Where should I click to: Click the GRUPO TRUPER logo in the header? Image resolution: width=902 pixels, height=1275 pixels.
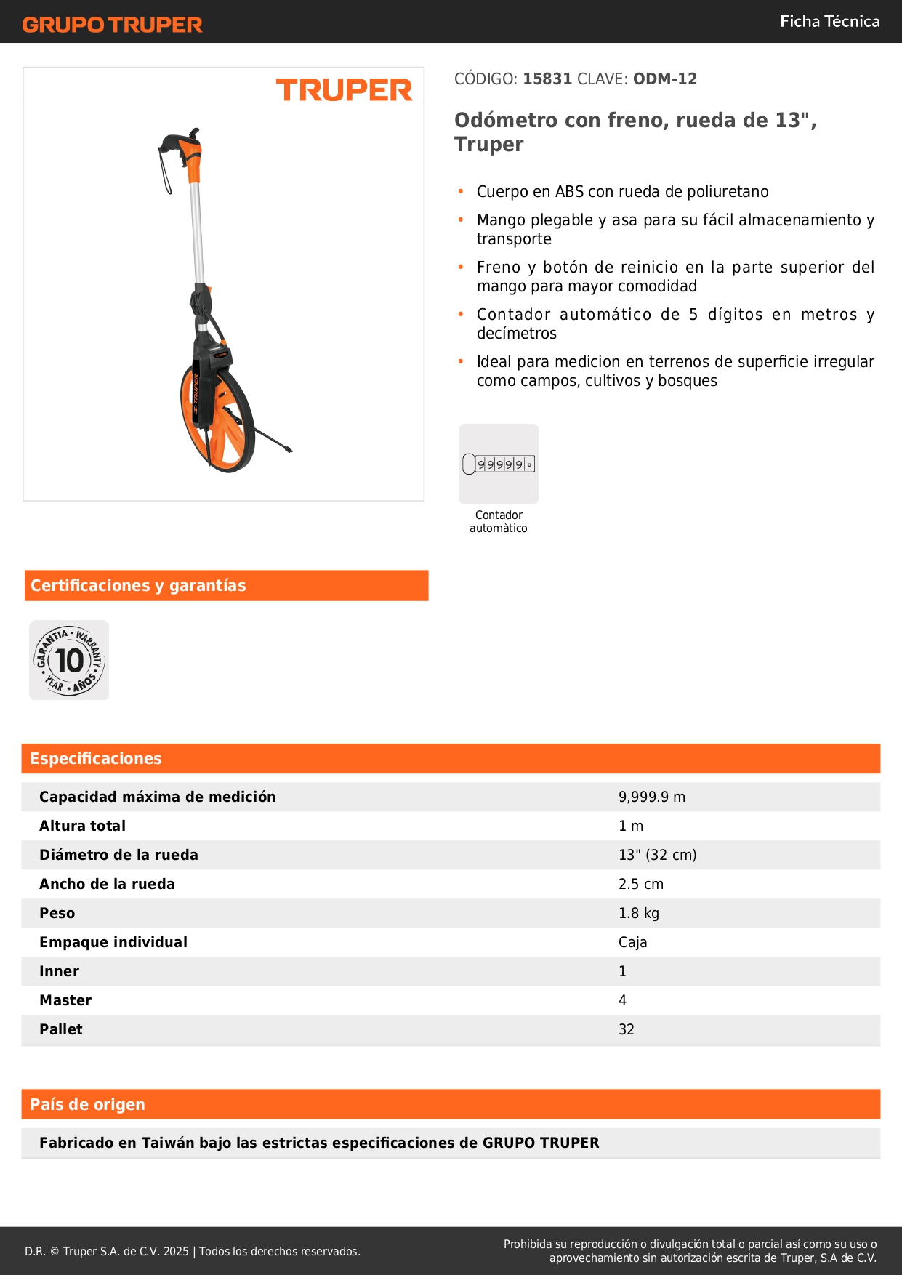[112, 25]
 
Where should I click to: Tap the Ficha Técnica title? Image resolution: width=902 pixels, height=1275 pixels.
[829, 22]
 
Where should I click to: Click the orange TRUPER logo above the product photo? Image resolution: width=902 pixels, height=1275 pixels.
[344, 90]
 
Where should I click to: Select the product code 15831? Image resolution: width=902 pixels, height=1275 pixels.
[547, 79]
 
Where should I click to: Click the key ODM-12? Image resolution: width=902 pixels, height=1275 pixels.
[664, 79]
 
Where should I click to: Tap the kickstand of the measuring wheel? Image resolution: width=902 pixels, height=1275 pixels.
[273, 441]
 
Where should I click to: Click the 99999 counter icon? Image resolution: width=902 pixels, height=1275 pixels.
[499, 464]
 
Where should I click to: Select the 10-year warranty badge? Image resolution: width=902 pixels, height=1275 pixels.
[69, 660]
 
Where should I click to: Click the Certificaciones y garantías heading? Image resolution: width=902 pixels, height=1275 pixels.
[138, 586]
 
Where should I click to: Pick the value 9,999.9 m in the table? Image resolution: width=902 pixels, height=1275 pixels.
[651, 797]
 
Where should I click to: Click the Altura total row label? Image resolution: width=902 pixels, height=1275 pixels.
[82, 826]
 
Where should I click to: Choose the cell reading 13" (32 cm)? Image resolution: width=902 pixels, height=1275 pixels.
[657, 855]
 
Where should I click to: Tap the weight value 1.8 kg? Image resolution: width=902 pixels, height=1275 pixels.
[638, 913]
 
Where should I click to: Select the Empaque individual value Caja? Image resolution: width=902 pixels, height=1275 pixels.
[632, 942]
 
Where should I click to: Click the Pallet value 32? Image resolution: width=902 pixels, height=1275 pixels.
[626, 1029]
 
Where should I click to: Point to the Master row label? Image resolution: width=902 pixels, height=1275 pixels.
[65, 1000]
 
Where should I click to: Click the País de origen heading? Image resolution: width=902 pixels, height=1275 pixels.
[87, 1105]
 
